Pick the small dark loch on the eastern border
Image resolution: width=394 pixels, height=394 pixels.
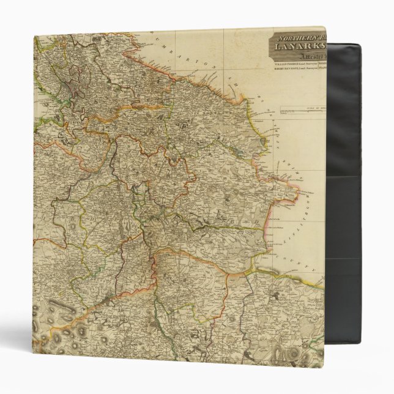click(264, 141)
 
